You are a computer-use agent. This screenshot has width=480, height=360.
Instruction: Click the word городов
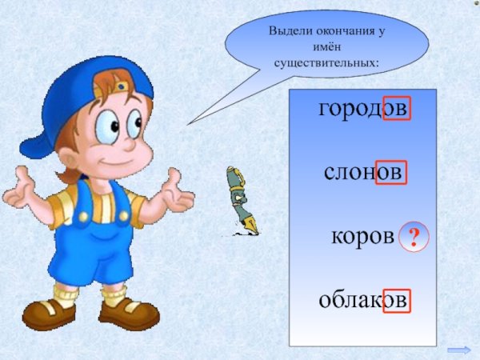point(363,108)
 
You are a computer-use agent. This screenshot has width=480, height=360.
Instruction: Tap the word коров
point(362,237)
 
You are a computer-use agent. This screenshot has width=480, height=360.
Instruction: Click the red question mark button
point(414,236)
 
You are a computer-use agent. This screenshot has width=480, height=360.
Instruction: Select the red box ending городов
point(397,108)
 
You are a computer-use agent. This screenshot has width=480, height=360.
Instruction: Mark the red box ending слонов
point(391,172)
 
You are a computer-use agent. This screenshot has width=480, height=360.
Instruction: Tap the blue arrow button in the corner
point(459,350)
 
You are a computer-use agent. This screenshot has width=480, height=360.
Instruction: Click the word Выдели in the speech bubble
point(289,30)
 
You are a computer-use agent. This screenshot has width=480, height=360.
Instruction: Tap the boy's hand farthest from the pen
point(19,192)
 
